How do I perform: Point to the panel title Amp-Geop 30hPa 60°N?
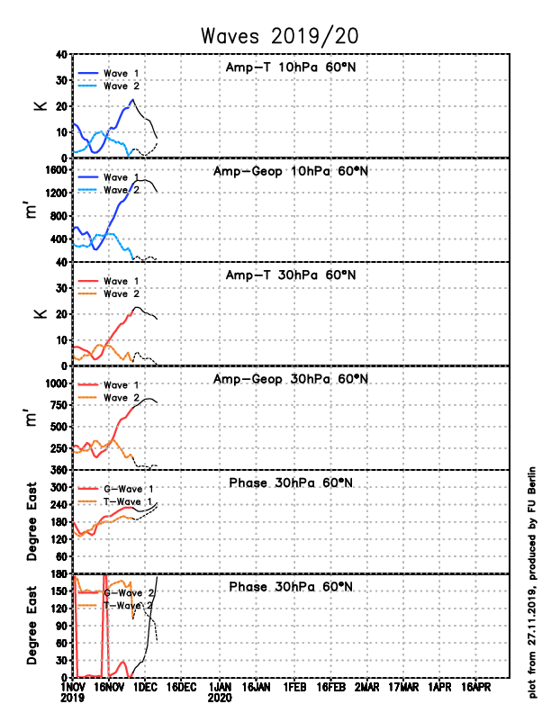coord(291,379)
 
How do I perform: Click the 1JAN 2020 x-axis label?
coord(221,690)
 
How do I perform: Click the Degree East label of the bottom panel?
coord(32,625)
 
